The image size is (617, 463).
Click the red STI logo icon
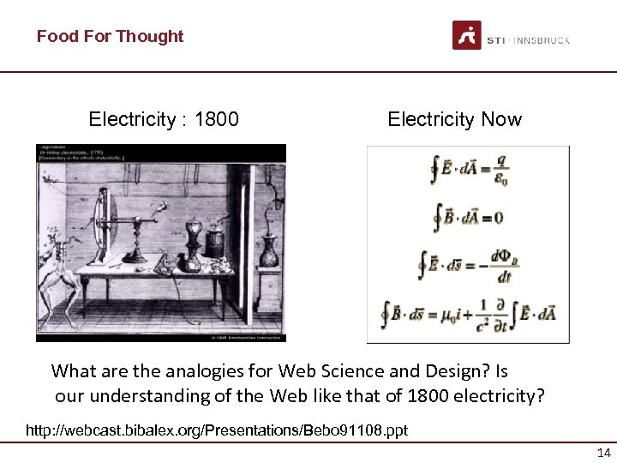click(467, 35)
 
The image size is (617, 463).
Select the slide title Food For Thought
click(110, 36)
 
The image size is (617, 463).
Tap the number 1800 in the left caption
click(217, 119)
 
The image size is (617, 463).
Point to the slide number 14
click(603, 453)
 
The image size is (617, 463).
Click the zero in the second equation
click(498, 218)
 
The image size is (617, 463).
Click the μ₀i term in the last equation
click(452, 314)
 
